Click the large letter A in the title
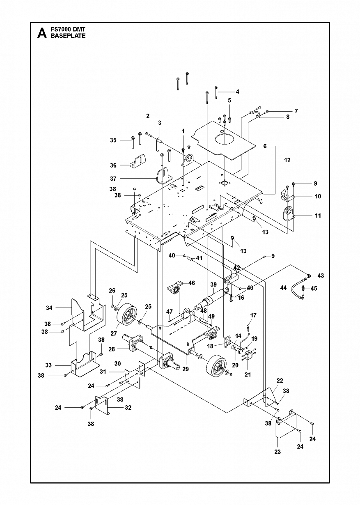click(x=42, y=33)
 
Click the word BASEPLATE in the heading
click(x=68, y=36)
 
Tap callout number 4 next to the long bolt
click(x=237, y=92)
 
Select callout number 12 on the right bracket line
click(x=287, y=160)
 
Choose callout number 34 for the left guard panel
click(x=49, y=308)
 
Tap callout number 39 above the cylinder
click(x=213, y=285)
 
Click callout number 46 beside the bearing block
click(x=192, y=283)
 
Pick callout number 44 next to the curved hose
click(x=284, y=288)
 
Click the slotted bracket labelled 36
click(x=137, y=161)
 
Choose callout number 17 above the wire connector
click(x=253, y=315)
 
